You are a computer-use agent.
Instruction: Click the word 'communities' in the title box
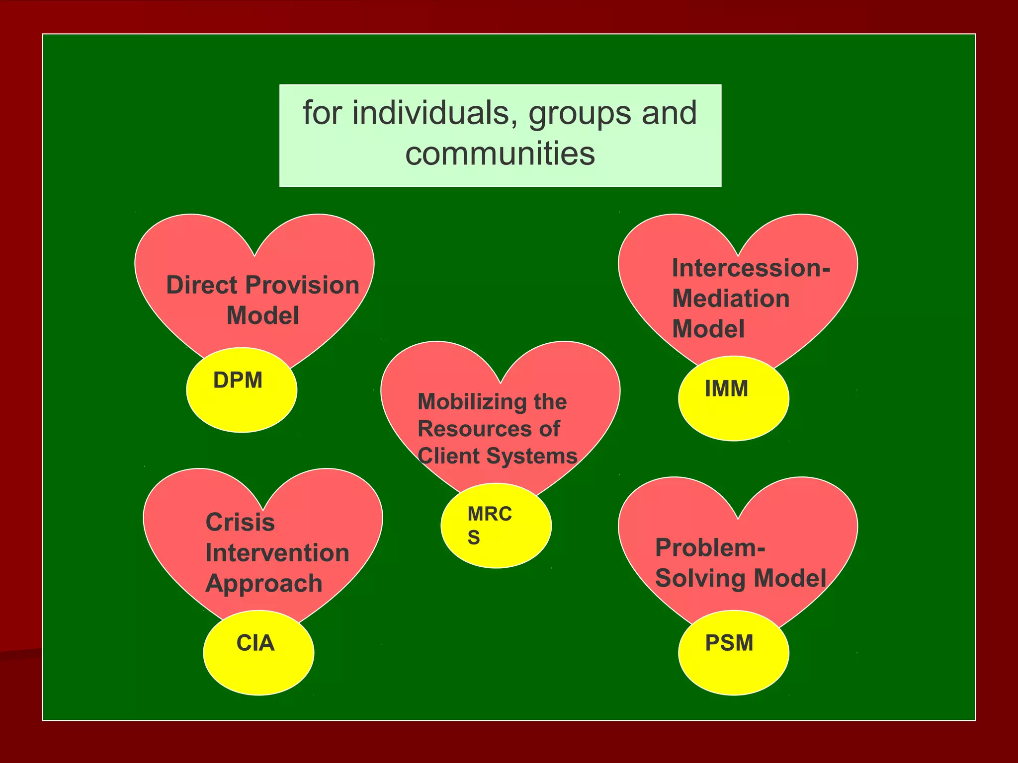tap(500, 153)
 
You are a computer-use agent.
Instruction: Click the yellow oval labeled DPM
tap(242, 390)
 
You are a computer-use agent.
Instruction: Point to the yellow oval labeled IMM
tap(733, 399)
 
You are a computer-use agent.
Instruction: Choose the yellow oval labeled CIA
tap(258, 653)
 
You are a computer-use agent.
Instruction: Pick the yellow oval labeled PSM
tap(733, 653)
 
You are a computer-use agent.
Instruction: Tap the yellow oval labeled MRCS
tap(496, 526)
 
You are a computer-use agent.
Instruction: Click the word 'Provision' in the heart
tap(302, 285)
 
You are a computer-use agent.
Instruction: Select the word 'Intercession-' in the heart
tap(751, 268)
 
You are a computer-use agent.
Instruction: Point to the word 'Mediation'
tap(731, 299)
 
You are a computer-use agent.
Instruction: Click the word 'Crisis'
tap(240, 523)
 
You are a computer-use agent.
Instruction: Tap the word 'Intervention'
tap(277, 553)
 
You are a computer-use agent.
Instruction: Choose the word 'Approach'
tap(264, 584)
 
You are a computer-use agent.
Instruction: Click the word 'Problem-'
tap(710, 548)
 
